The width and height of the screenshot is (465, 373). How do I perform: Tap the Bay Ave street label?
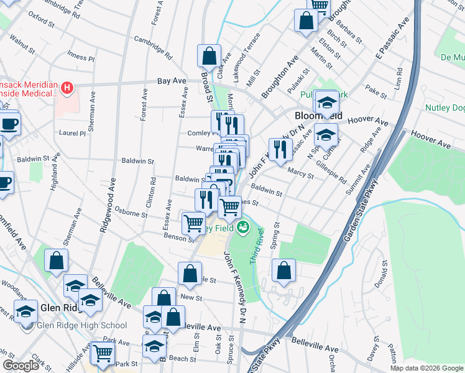172,81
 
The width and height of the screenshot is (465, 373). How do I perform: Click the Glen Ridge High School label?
82,325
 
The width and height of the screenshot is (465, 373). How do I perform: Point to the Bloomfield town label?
318,116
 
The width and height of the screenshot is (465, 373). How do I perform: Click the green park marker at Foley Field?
242,228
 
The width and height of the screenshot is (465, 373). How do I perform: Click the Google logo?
21,366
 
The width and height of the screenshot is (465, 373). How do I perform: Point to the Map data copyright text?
426,368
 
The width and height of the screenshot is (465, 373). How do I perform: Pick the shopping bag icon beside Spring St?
283,270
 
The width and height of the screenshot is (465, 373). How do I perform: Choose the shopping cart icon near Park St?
103,353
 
